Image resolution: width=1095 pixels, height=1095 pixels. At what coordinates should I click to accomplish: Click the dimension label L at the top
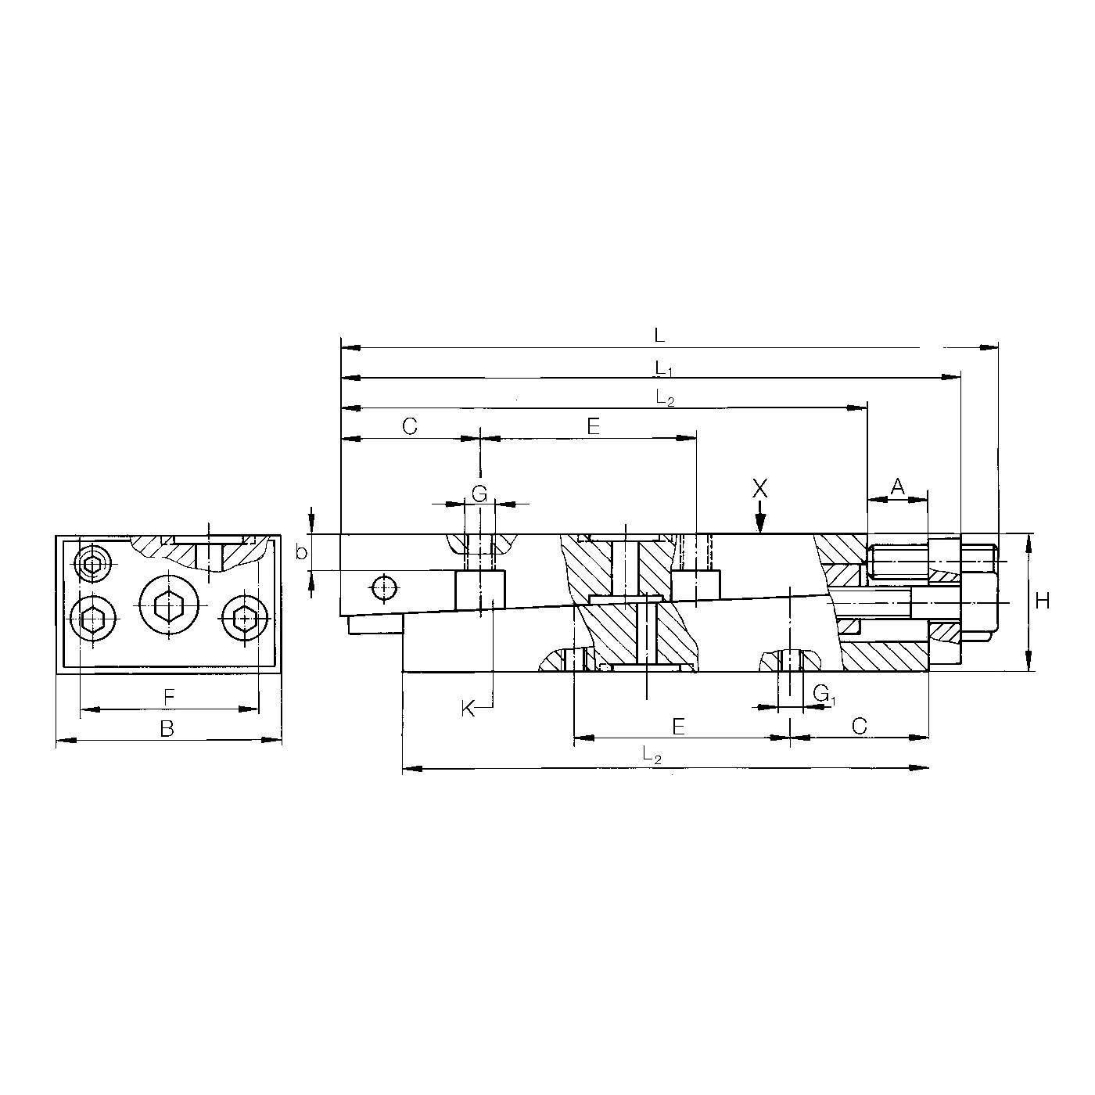click(x=659, y=336)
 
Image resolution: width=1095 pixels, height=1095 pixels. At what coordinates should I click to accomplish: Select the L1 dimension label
click(x=662, y=367)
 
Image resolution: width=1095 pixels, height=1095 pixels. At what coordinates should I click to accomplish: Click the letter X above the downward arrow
click(x=759, y=490)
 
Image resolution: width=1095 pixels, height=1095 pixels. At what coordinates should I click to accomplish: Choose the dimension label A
click(x=897, y=486)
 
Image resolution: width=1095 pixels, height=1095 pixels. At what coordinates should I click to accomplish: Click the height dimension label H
click(x=1042, y=601)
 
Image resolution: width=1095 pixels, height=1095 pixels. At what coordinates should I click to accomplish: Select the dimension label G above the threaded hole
click(x=479, y=493)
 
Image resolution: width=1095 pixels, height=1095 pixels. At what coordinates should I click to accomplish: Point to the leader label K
click(x=468, y=709)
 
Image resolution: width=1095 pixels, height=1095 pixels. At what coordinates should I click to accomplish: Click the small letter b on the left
click(x=301, y=553)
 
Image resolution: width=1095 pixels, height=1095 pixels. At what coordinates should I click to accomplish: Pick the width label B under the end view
click(x=167, y=729)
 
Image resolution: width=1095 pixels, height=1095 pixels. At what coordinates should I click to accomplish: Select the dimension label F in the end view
click(x=168, y=696)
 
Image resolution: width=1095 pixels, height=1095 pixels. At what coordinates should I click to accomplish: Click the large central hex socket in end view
click(x=169, y=604)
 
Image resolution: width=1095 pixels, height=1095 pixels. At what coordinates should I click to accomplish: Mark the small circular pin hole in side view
click(x=385, y=587)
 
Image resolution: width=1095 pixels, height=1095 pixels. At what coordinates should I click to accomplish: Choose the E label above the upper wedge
click(x=592, y=426)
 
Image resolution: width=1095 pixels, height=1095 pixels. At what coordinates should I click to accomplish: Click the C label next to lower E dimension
click(x=859, y=726)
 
